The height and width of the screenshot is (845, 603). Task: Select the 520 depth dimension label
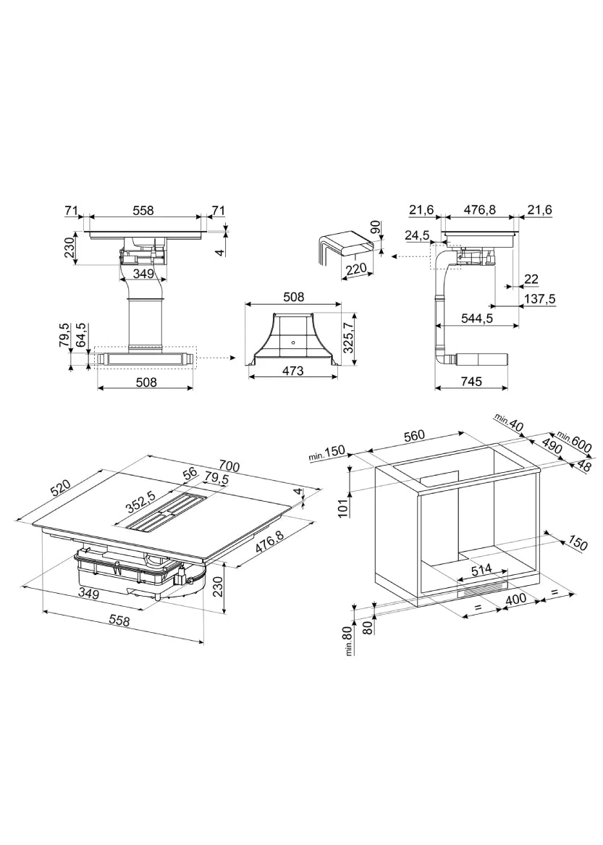60,489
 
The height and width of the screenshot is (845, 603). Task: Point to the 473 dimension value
293,371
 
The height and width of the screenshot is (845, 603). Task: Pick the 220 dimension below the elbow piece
357,268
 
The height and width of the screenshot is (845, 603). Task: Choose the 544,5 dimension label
476,318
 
